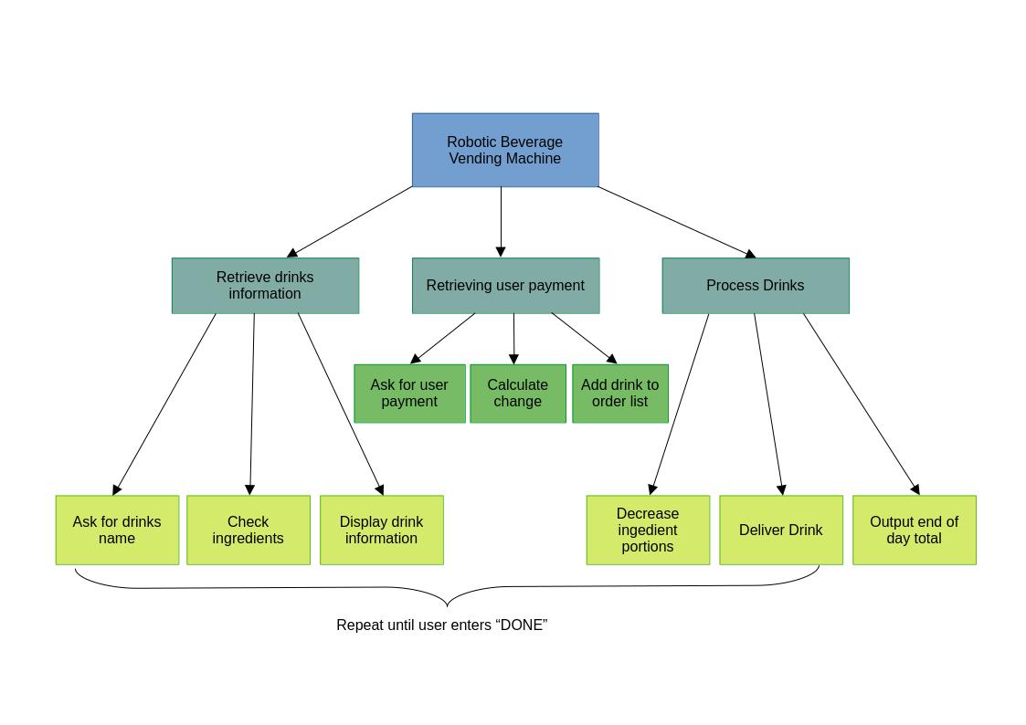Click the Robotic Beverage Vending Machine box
coord(505,150)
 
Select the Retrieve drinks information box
coord(265,285)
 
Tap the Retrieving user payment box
coord(505,285)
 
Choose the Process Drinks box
coord(756,285)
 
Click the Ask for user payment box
coord(409,394)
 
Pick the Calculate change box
coord(518,394)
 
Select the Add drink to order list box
coord(620,394)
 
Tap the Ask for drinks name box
coord(117,530)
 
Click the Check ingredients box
coord(249,530)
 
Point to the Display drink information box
coord(382,530)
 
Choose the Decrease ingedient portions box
coord(648,530)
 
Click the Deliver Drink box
coord(781,530)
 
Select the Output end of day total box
coord(915,530)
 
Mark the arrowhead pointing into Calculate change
coord(513,359)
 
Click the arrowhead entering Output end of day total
coord(915,489)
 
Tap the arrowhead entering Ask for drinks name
coord(116,489)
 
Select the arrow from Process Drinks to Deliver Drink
coord(767,402)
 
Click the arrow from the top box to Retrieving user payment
coord(501,219)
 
